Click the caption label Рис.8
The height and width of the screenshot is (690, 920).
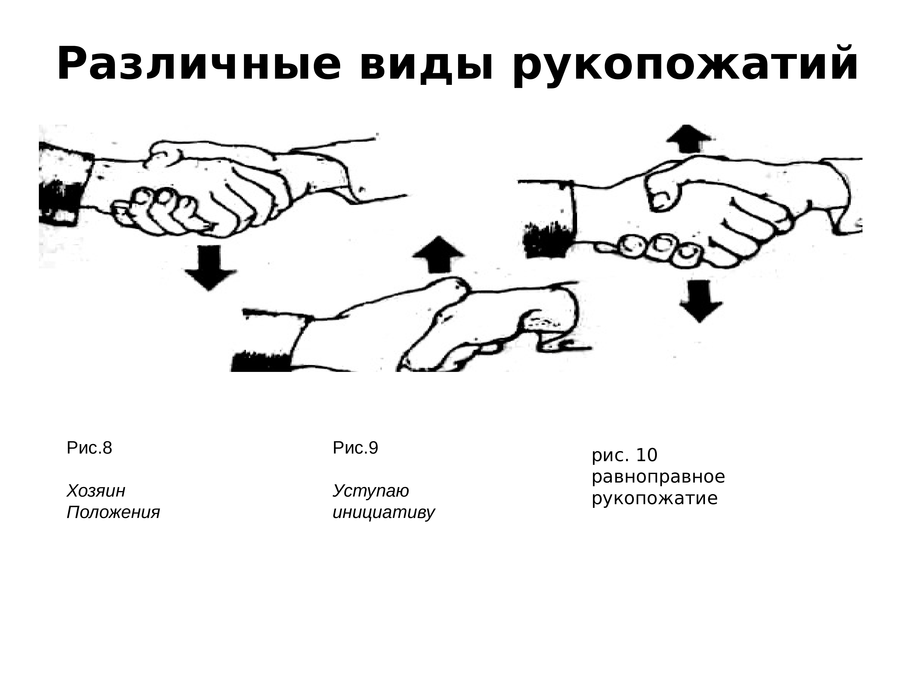click(89, 448)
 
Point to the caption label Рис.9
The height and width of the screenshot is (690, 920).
click(356, 448)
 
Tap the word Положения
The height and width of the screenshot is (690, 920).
click(113, 512)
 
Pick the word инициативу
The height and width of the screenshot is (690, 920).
click(383, 512)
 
